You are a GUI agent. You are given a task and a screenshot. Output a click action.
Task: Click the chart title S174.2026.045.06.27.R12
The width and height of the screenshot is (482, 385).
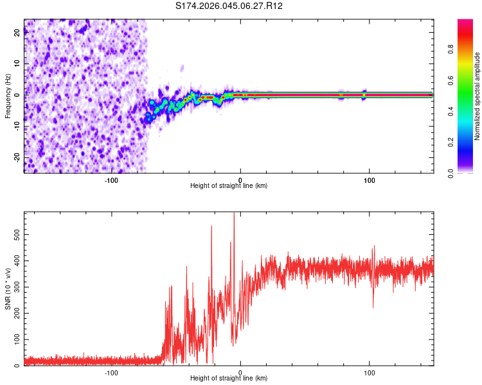pyautogui.click(x=229, y=6)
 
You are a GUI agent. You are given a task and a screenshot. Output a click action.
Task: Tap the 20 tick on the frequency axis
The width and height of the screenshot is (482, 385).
pyautogui.click(x=16, y=33)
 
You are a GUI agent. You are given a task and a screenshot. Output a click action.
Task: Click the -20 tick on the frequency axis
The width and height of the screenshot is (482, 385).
pyautogui.click(x=16, y=157)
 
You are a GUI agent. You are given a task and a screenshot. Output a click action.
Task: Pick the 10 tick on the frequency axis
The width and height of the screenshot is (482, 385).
pyautogui.click(x=16, y=64)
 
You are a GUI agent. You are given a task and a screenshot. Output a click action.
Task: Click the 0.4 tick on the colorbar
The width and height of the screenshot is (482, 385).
pyautogui.click(x=451, y=111)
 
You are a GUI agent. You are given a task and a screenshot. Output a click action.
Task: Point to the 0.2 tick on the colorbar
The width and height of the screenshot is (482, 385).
pyautogui.click(x=451, y=142)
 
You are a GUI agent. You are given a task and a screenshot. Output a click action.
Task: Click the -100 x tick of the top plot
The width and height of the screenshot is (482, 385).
pyautogui.click(x=111, y=180)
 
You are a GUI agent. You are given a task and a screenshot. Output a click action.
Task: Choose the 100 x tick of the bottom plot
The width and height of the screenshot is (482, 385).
pyautogui.click(x=370, y=373)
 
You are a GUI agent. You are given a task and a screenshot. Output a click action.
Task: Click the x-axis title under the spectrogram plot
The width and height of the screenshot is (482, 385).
pyautogui.click(x=229, y=186)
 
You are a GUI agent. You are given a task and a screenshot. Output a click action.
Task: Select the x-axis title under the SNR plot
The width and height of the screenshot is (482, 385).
pyautogui.click(x=229, y=379)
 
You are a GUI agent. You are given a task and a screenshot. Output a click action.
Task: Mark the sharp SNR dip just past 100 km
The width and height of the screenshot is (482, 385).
pyautogui.click(x=373, y=307)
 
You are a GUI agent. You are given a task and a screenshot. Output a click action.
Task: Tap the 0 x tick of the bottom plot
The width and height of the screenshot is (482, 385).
pyautogui.click(x=240, y=373)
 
